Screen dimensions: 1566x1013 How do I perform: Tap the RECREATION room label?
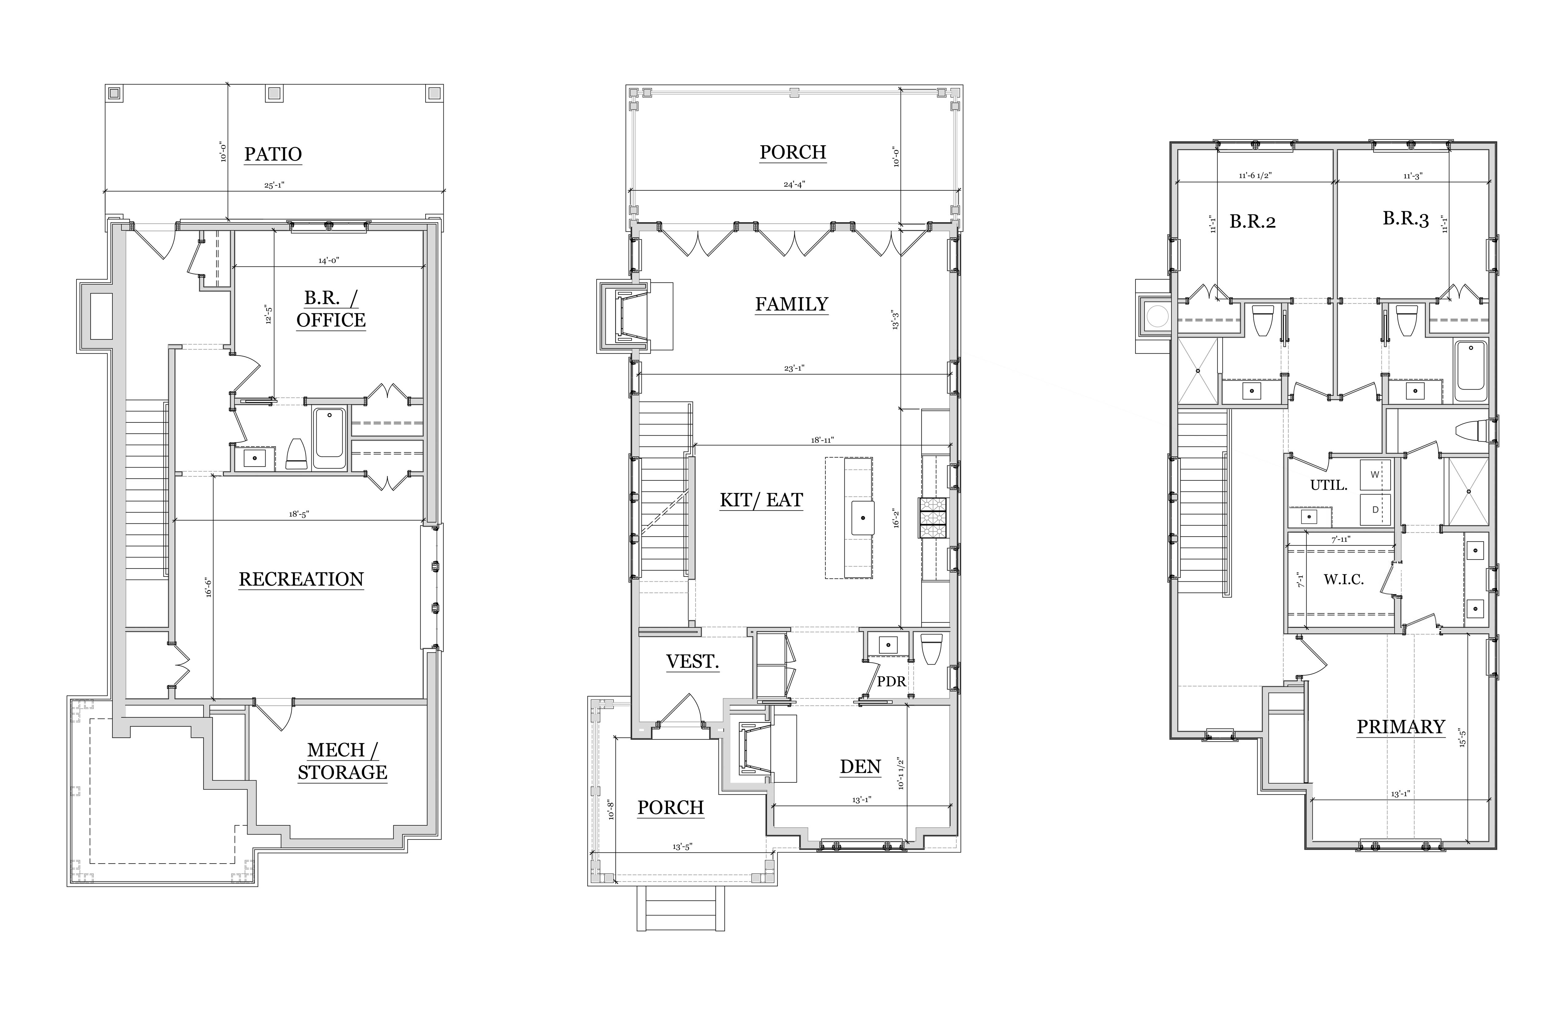coord(301,580)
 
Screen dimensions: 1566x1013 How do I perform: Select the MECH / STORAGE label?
coord(342,761)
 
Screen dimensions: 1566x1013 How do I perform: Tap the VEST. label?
coord(692,662)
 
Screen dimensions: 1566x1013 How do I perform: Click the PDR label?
coord(892,681)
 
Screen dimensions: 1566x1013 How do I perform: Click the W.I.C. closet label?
coord(1344,580)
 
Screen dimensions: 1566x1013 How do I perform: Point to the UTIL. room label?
coord(1328,485)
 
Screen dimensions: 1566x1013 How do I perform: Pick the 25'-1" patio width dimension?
coord(275,185)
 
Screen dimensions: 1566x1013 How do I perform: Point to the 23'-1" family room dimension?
coord(794,368)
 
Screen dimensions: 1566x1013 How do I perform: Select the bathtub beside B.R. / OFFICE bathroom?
coord(330,438)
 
